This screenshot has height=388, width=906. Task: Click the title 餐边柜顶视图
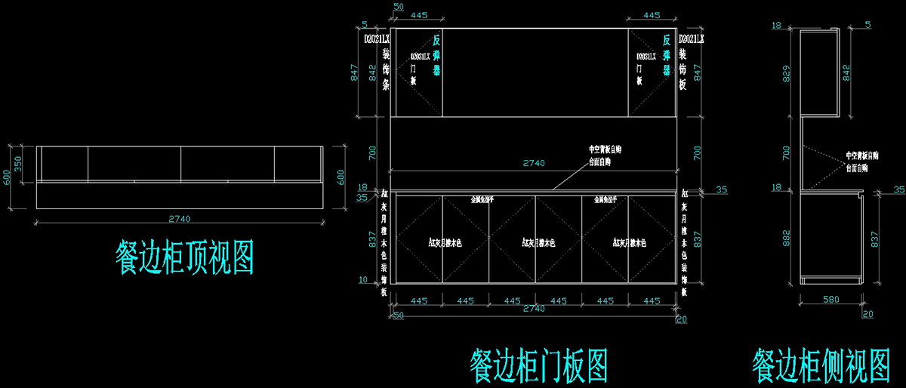click(185, 257)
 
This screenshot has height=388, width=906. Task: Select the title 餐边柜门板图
click(538, 365)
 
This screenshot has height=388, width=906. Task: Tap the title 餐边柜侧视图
click(821, 365)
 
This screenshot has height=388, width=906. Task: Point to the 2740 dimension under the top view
click(180, 219)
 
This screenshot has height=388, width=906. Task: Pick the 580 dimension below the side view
click(830, 300)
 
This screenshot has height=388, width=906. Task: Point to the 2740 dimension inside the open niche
click(533, 163)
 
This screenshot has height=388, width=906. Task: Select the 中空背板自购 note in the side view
click(862, 156)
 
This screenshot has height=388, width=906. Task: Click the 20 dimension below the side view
click(867, 313)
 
